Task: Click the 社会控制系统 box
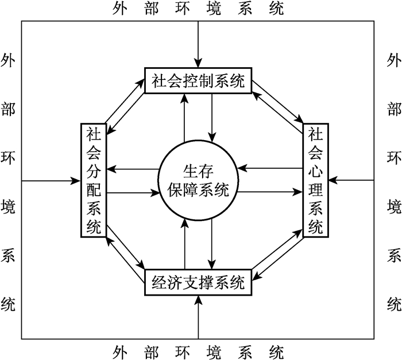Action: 198,82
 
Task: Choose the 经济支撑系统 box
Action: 198,282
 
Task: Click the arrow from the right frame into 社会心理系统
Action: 353,181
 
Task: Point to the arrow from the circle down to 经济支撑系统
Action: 212,241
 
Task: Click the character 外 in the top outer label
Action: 121,9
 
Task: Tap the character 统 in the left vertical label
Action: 8,303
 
